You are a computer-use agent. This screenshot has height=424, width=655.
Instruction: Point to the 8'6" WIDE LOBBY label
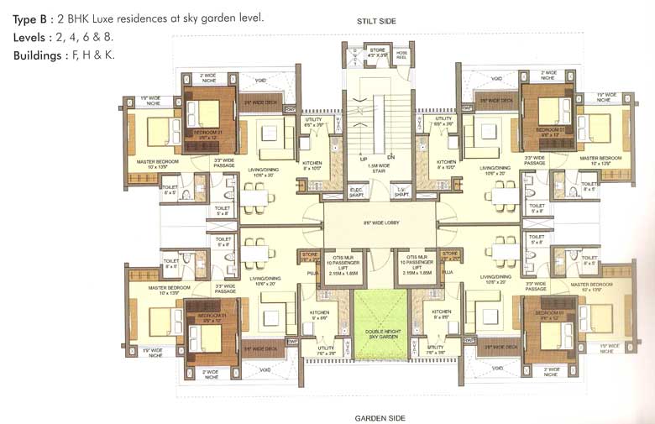pos(380,223)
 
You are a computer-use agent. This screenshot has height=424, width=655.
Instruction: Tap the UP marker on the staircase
pos(365,157)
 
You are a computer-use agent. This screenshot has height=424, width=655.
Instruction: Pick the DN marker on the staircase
pos(390,157)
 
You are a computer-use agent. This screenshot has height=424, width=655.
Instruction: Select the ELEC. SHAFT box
pos(357,192)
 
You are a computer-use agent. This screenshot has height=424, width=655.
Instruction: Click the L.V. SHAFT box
pos(402,192)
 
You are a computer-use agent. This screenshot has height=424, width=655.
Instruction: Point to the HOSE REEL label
pos(402,56)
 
